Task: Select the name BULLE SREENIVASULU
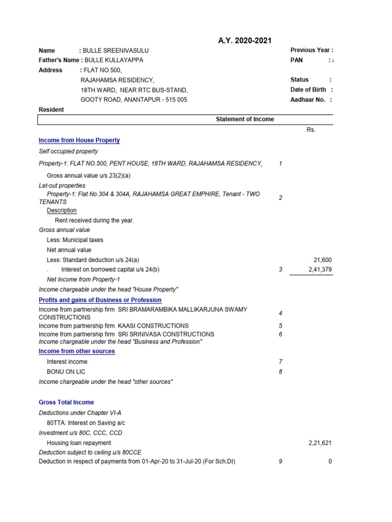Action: point(116,50)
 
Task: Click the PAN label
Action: point(297,60)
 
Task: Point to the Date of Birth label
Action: point(308,90)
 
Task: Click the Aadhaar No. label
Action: point(307,100)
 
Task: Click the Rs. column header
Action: point(311,130)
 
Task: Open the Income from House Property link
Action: point(79,140)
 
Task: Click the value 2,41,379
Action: point(320,270)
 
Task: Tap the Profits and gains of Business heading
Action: point(100,300)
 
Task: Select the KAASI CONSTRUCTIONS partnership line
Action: point(113,326)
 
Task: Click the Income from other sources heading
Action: point(77,351)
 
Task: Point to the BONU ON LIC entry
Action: point(66,372)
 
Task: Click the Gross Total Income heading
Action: point(66,402)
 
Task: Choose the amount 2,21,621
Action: point(320,443)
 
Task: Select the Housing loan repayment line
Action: point(79,443)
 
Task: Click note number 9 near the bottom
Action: point(280,461)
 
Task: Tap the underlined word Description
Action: point(62,211)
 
